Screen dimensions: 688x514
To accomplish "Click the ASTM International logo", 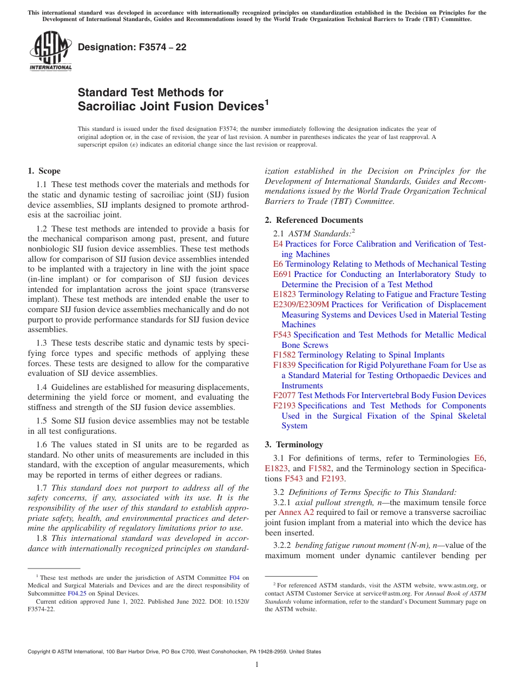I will click(x=50, y=51).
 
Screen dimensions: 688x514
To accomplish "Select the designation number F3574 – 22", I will click(x=132, y=48).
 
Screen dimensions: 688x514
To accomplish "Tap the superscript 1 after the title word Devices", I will click(x=266, y=102).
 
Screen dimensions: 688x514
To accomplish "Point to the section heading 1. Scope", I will click(x=44, y=171).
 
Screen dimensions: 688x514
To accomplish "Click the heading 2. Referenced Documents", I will click(x=314, y=220).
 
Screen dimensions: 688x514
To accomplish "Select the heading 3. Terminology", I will click(x=294, y=445).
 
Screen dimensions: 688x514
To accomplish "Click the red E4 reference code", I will click(x=278, y=244).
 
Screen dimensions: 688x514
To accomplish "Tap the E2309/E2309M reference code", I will click(x=301, y=305).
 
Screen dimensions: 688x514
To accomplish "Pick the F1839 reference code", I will click(x=285, y=365).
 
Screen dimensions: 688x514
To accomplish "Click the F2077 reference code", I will click(x=285, y=395).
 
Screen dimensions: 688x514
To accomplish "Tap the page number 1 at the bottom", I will click(x=257, y=665).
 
